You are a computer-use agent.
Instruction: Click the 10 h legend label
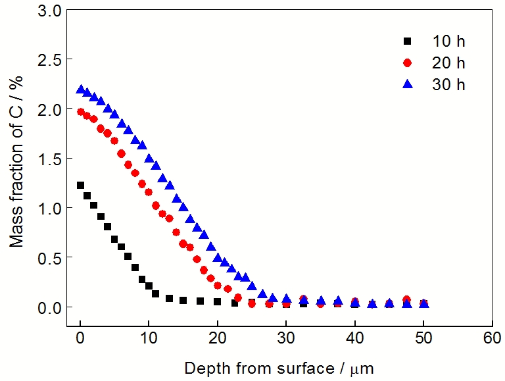click(448, 41)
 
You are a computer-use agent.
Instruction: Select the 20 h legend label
click(448, 63)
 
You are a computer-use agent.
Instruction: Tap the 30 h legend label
click(448, 85)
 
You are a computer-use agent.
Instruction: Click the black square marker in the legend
click(407, 41)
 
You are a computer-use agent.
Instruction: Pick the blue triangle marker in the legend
click(407, 84)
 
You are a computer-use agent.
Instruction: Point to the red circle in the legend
click(407, 63)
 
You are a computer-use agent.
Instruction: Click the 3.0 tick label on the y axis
click(51, 11)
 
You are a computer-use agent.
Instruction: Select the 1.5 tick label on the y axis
click(51, 159)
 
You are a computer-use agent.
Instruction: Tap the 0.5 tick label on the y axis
click(51, 257)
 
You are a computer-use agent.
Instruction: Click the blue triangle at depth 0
click(81, 89)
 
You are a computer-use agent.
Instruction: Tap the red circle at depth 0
click(81, 112)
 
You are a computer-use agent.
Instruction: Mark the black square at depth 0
click(81, 186)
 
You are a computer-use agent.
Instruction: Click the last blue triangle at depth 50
click(424, 303)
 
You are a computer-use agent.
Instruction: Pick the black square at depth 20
click(218, 302)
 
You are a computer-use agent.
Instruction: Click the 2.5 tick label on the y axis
click(51, 60)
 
